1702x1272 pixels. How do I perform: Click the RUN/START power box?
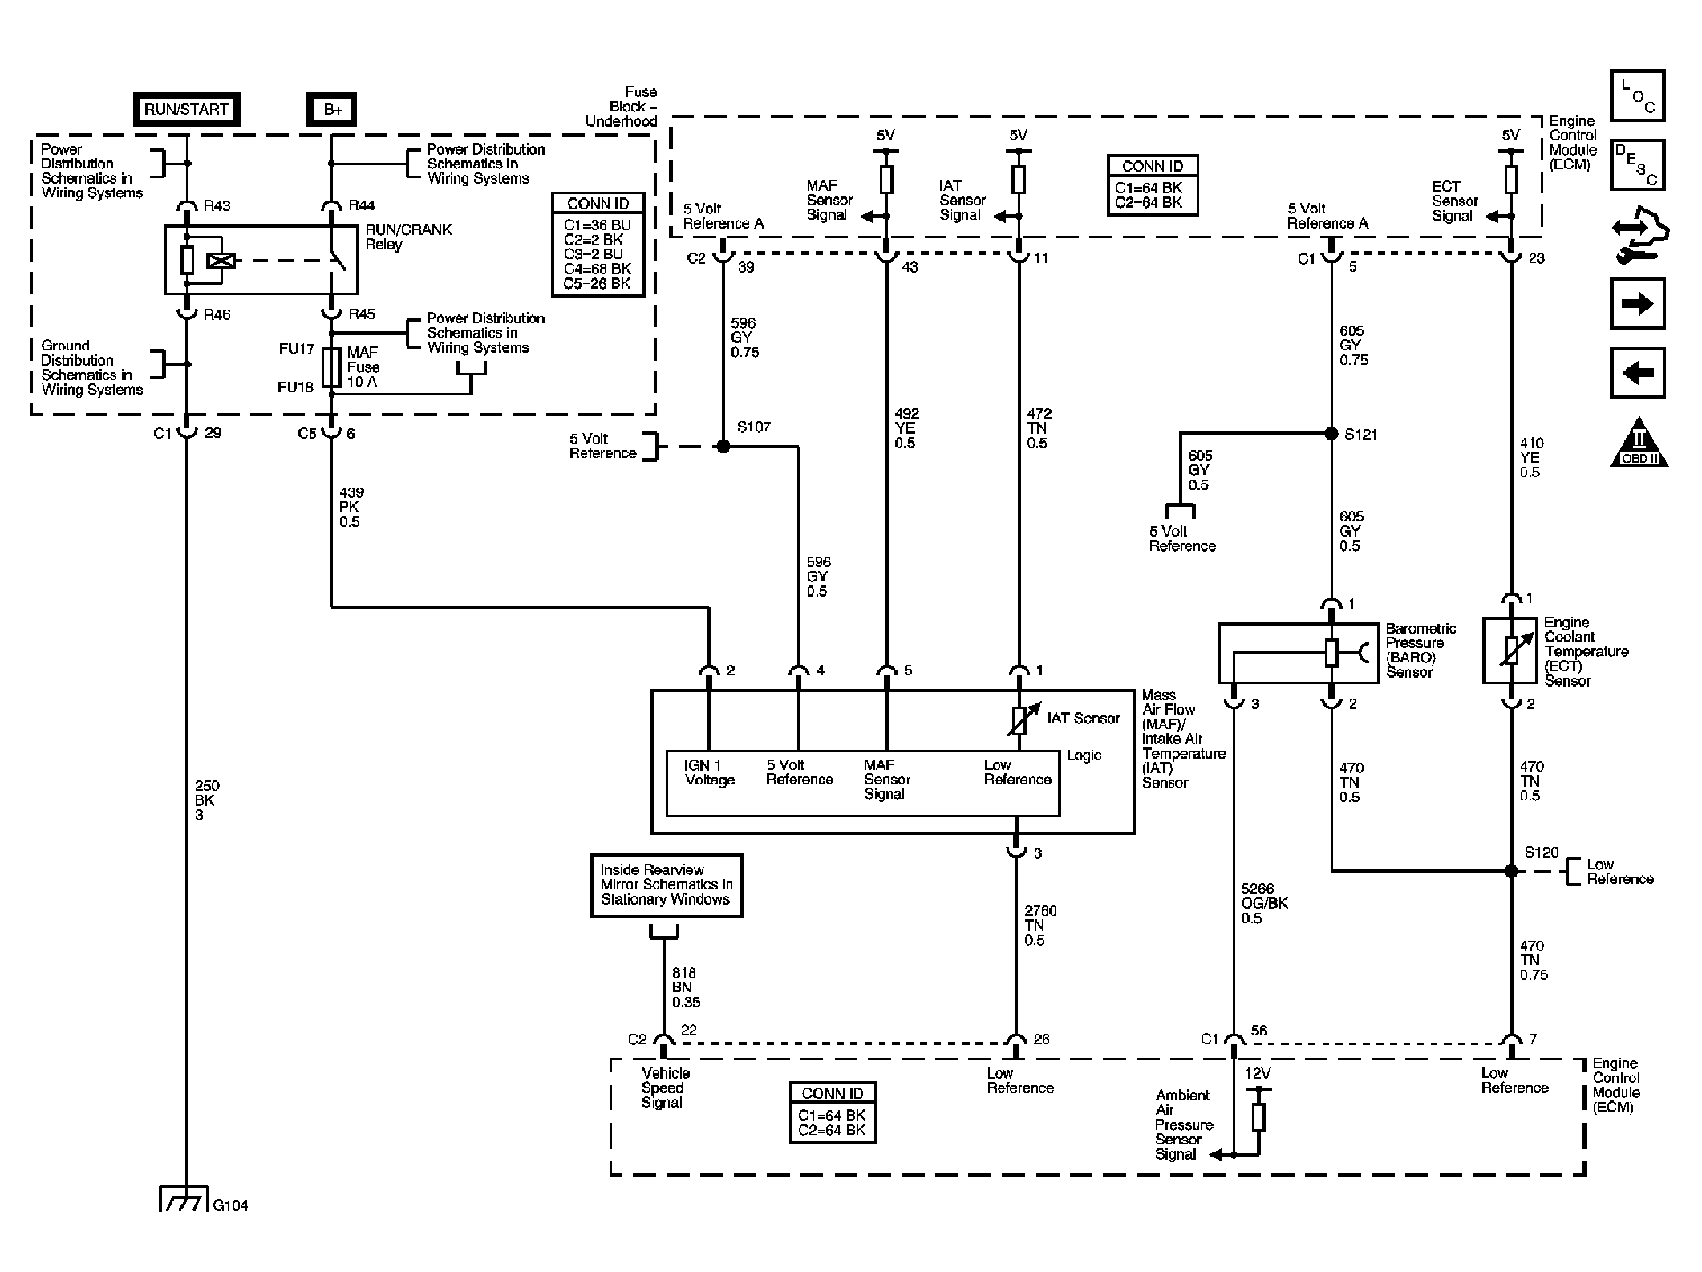click(186, 109)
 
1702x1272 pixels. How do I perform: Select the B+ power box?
click(332, 109)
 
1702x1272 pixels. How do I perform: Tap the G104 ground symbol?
click(185, 1199)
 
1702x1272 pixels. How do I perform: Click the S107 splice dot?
click(723, 446)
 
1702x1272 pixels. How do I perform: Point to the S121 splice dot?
click(1331, 434)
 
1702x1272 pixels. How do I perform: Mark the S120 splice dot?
click(1511, 870)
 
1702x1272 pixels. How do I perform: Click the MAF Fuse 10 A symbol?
click(331, 367)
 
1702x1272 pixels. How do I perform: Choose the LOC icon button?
click(1637, 95)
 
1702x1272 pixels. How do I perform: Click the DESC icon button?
click(1637, 164)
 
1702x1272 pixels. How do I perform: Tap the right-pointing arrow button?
click(1637, 303)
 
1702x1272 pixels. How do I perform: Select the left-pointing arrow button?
click(1637, 373)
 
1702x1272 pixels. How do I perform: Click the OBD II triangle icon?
click(1639, 444)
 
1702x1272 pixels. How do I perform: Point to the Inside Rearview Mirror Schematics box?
click(667, 885)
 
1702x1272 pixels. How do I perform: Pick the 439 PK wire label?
click(351, 507)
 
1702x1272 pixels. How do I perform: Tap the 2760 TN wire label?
click(1040, 925)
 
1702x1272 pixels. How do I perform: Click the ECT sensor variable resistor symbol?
click(1511, 650)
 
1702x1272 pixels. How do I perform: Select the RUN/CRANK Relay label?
click(408, 237)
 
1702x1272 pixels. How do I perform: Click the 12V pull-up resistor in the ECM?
click(1258, 1116)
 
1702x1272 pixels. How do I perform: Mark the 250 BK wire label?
click(206, 800)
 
